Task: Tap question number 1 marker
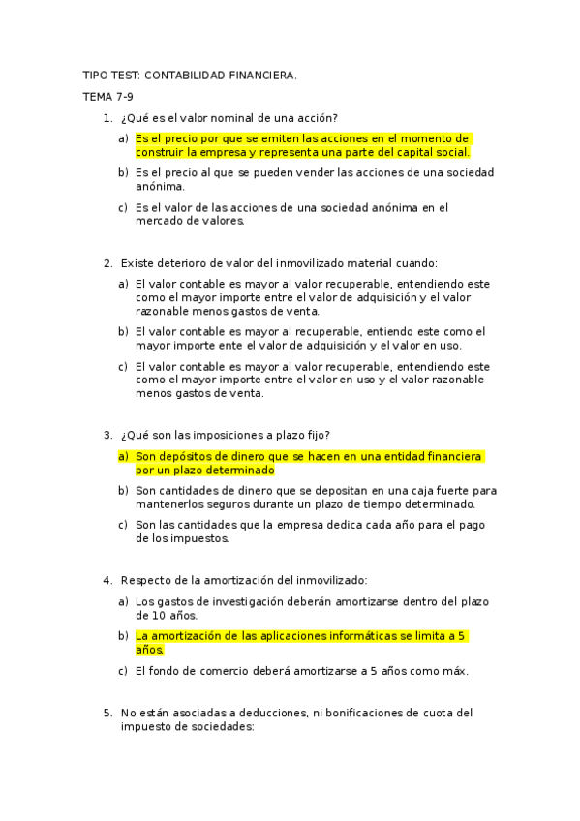point(107,118)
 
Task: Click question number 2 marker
point(107,262)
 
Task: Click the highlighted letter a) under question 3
point(123,456)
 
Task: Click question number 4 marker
point(107,580)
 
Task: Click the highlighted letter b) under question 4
point(123,636)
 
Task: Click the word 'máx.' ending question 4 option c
point(450,670)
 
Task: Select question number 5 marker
point(107,713)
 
